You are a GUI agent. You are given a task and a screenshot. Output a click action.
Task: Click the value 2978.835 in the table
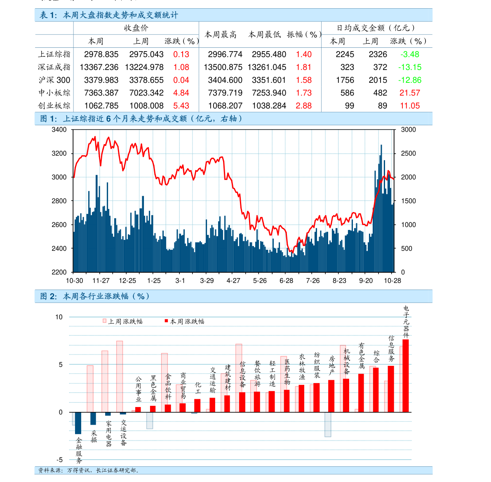tap(101, 54)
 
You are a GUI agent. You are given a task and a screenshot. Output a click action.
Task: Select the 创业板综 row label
tap(54, 106)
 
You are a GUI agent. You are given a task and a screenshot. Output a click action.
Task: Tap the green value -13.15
tap(410, 67)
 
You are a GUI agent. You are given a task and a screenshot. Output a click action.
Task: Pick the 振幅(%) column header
tap(304, 35)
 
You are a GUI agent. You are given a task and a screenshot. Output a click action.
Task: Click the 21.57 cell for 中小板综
tap(410, 93)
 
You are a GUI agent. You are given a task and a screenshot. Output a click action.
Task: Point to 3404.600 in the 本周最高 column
tap(225, 80)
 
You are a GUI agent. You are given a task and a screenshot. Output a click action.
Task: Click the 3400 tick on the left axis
tap(59, 130)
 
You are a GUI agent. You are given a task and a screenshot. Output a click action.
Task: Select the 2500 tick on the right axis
tap(408, 153)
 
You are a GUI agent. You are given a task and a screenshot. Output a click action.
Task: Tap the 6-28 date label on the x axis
tap(286, 281)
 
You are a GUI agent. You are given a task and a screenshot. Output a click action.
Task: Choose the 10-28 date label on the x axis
tap(392, 281)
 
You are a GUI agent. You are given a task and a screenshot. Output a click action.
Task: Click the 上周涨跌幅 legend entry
tap(123, 321)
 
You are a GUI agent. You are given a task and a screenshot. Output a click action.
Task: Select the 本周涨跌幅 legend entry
tap(184, 321)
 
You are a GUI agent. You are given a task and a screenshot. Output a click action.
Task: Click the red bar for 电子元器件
tap(406, 376)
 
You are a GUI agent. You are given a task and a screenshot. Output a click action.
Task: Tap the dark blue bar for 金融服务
tap(78, 423)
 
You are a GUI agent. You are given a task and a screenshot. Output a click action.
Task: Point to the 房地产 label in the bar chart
tap(331, 365)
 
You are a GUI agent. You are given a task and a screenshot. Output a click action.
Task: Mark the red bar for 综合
tap(376, 390)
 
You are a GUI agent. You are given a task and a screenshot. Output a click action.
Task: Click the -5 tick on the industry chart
tap(59, 460)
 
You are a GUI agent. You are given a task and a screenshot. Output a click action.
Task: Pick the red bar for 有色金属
tap(361, 393)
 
